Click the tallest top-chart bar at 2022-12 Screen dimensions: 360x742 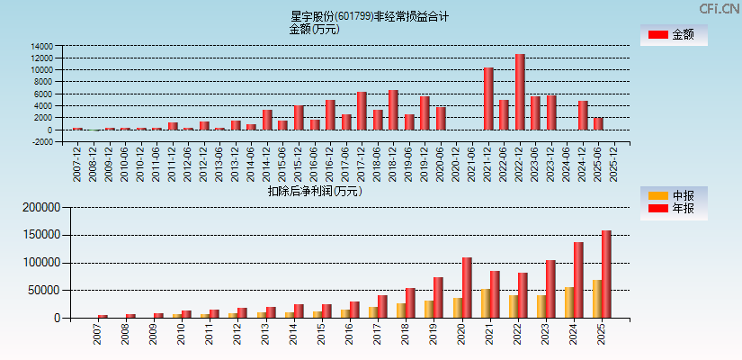[x=520, y=92]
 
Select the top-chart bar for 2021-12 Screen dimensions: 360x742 [x=488, y=99]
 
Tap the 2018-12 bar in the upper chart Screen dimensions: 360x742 [x=393, y=110]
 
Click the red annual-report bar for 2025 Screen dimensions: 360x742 [x=606, y=274]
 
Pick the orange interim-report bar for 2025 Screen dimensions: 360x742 [x=596, y=299]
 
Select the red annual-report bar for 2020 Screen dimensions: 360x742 [x=467, y=287]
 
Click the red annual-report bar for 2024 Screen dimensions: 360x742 [x=578, y=280]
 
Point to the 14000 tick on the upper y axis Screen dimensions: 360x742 [x=41, y=46]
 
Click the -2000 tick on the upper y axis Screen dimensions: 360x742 [x=41, y=142]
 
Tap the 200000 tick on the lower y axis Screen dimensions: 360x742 [x=40, y=207]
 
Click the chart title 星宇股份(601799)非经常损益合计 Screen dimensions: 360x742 [x=370, y=16]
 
